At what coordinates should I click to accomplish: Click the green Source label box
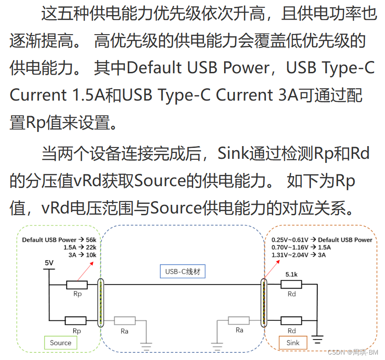[x=60, y=343]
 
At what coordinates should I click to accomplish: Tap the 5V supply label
[x=49, y=263]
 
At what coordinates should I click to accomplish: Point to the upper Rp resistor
[x=77, y=285]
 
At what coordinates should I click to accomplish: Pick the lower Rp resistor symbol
[x=75, y=320]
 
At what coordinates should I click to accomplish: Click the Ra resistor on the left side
[x=125, y=321]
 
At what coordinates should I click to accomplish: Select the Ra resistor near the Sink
[x=239, y=320]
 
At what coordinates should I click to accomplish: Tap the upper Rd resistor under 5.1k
[x=291, y=285]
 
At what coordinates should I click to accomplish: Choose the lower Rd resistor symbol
[x=291, y=320]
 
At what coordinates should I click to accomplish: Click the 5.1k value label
[x=291, y=274]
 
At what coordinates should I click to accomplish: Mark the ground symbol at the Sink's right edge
[x=317, y=339]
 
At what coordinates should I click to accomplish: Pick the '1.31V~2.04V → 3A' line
[x=298, y=255]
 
